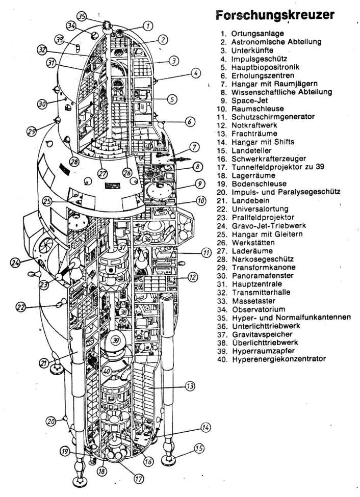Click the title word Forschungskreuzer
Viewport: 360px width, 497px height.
[275, 15]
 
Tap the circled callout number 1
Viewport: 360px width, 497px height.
[147, 25]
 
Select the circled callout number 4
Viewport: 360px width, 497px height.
[196, 73]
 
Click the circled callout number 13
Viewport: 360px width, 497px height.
[190, 387]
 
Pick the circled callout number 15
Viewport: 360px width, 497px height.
[199, 449]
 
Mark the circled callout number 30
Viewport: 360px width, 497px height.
[43, 104]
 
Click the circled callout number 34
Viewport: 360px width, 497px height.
[71, 25]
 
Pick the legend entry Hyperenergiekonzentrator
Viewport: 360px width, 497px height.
[278, 359]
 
